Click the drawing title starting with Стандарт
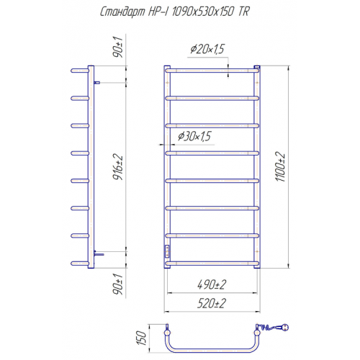pos(175,12)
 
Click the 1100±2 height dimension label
pos(280,166)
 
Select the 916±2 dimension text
pos(118,167)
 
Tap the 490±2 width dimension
pos(212,284)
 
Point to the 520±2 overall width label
pos(212,303)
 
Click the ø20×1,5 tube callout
pos(207,49)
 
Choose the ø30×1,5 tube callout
pos(194,136)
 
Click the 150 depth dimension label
pos(141,338)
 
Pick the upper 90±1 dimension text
pos(118,47)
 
